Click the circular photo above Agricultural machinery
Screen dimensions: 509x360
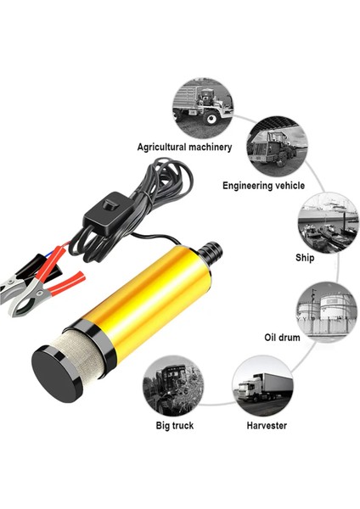coord(201,104)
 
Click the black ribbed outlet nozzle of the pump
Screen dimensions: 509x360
coord(209,253)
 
